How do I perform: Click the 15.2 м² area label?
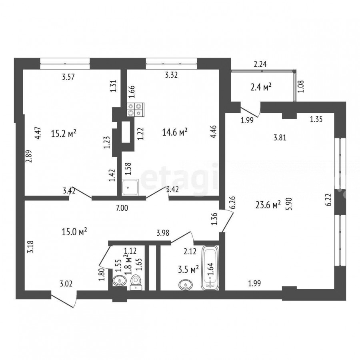(x=63, y=133)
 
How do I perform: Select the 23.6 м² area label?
(x=268, y=204)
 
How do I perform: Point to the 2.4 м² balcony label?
(x=261, y=87)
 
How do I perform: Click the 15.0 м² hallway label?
(x=74, y=232)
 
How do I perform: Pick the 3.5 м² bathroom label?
(x=188, y=269)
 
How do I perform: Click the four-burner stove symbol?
(x=136, y=110)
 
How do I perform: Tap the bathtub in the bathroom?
(x=210, y=268)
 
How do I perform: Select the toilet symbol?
(x=136, y=282)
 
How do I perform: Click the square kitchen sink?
(x=130, y=187)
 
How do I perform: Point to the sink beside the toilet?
(x=120, y=280)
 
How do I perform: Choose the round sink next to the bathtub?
(x=186, y=285)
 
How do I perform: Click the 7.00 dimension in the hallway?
(x=122, y=208)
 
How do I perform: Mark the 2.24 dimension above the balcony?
(x=260, y=64)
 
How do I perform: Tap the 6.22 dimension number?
(x=329, y=200)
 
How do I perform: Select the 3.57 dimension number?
(x=68, y=77)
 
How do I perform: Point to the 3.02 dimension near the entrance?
(x=66, y=284)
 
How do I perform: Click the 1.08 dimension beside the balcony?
(x=300, y=86)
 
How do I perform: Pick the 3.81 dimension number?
(x=280, y=138)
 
